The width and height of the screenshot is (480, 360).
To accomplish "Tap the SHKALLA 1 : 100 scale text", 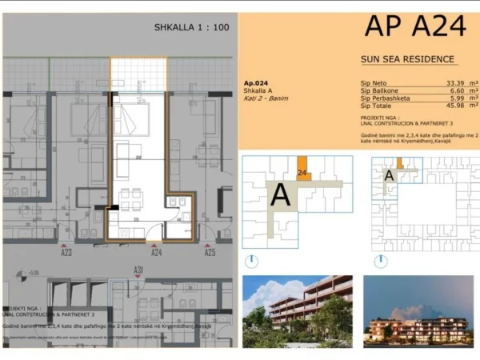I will pyautogui.click(x=192, y=27).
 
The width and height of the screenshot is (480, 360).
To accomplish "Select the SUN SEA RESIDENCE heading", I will pyautogui.click(x=407, y=59).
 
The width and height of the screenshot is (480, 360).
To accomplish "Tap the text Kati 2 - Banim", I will pyautogui.click(x=265, y=98).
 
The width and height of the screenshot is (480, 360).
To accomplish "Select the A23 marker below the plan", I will pyautogui.click(x=66, y=253).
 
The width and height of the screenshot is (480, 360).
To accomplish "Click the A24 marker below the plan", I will pyautogui.click(x=157, y=253).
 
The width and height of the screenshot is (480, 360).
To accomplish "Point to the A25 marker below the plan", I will pyautogui.click(x=210, y=253).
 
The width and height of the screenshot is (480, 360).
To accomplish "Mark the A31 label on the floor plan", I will pyautogui.click(x=138, y=270).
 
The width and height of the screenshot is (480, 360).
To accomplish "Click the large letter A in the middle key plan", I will pyautogui.click(x=281, y=194).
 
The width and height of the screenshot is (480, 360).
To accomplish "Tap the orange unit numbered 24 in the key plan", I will pyautogui.click(x=302, y=170).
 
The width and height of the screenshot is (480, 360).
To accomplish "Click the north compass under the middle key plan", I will pyautogui.click(x=252, y=260).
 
